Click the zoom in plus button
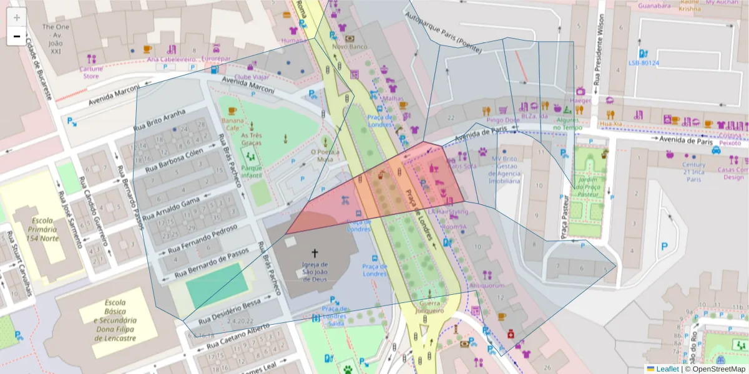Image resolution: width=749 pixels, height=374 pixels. coord(16,17)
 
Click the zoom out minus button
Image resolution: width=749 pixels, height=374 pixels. coord(16,36)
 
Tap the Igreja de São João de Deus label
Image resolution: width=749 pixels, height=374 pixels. coord(315,271)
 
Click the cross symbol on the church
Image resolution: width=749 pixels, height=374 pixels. coord(315,253)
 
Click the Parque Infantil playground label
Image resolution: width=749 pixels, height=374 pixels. coord(251,172)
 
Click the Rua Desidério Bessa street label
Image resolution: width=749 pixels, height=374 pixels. coord(229,311)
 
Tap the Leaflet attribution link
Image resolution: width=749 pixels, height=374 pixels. coord(667,369)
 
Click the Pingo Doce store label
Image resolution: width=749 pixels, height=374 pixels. coord(502,120)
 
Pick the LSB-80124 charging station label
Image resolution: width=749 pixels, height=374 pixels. coord(644,63)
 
